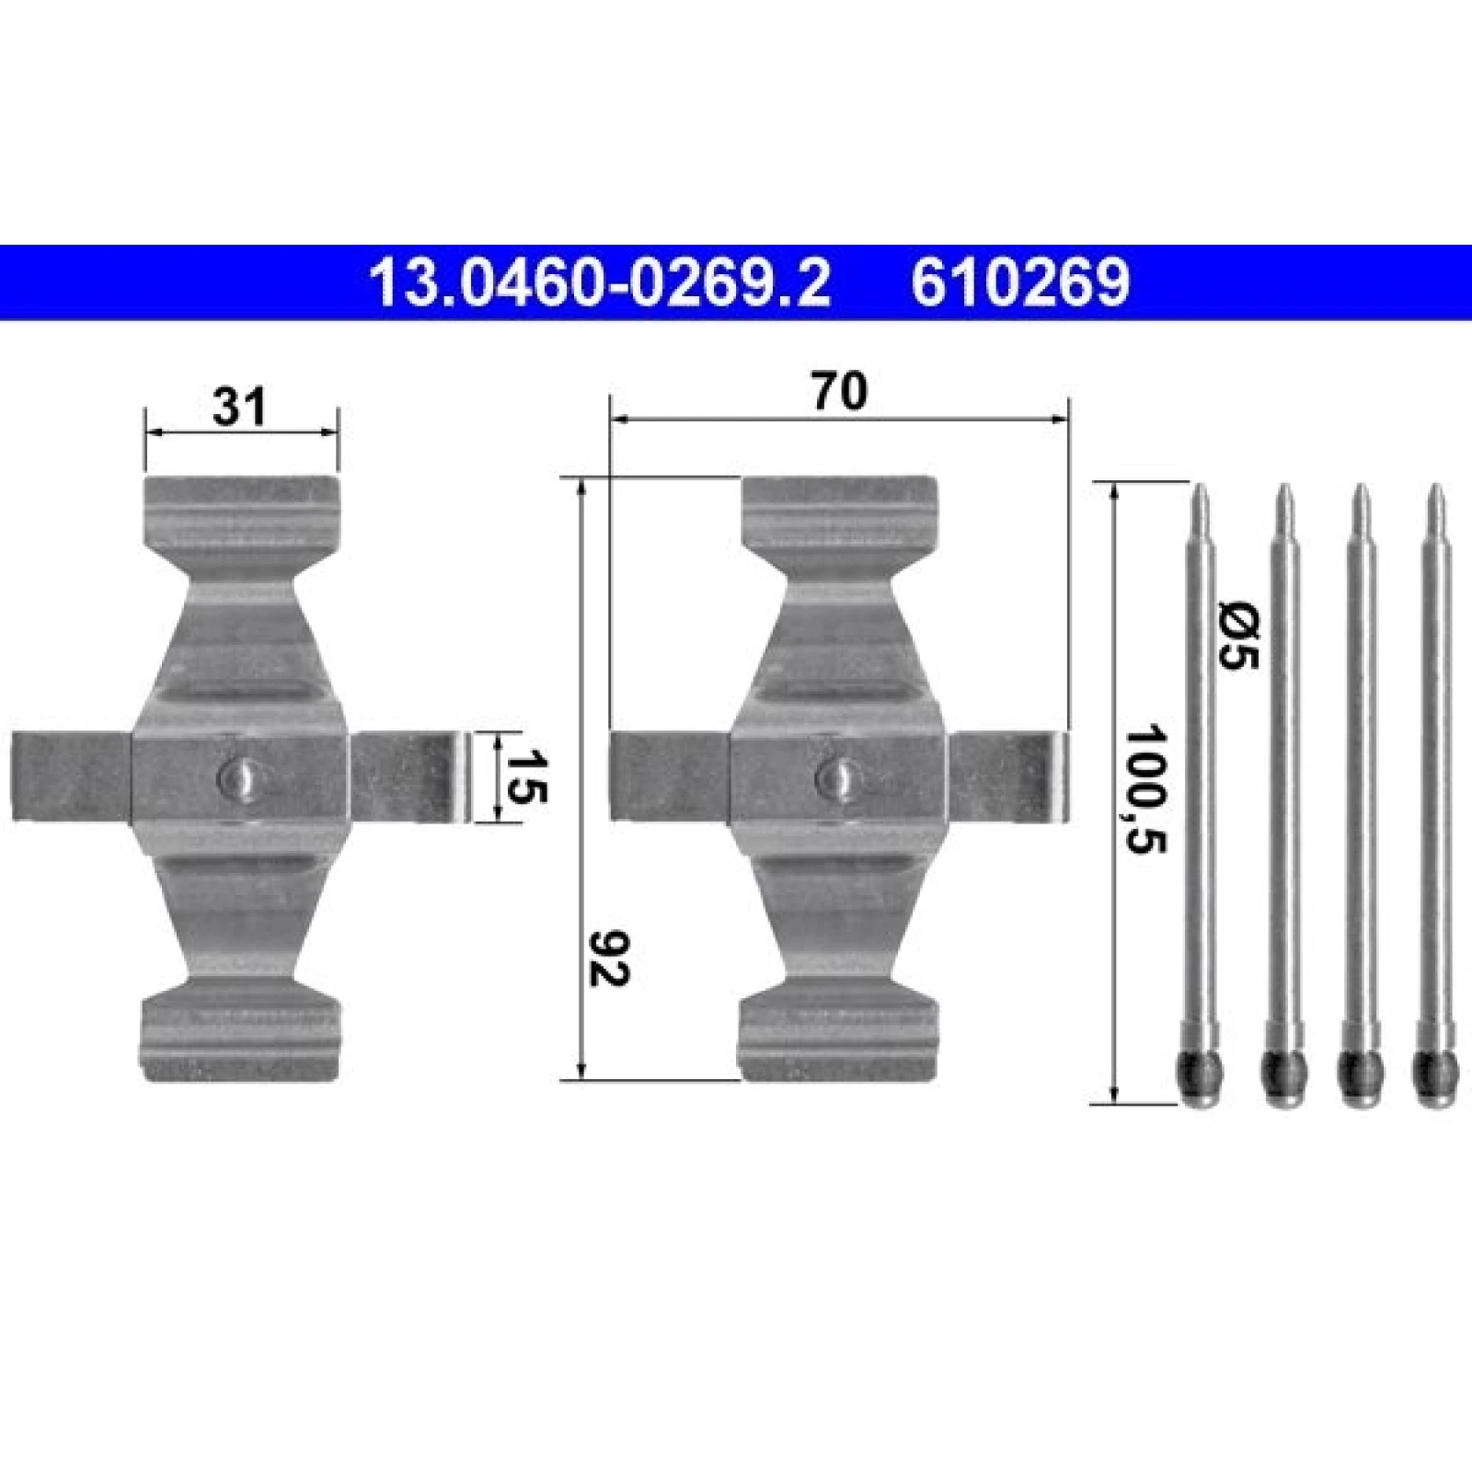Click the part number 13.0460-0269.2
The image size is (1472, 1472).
click(x=599, y=282)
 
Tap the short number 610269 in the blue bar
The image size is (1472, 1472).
click(x=1019, y=282)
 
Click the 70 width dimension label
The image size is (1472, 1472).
click(x=840, y=392)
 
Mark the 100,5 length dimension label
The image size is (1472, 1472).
click(x=1146, y=788)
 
